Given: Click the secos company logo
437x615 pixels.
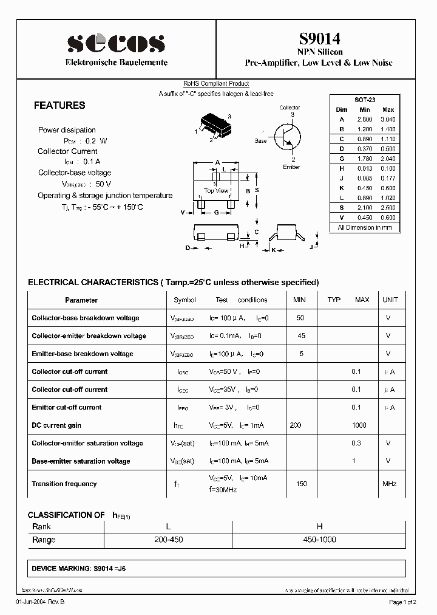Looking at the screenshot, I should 116,43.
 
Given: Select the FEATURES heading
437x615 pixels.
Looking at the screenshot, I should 59,105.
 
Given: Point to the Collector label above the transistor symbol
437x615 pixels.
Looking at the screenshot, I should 290,108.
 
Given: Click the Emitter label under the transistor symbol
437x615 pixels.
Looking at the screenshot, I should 291,167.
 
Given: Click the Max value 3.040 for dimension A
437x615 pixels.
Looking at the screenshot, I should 387,120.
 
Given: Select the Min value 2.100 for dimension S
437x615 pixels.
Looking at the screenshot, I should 364,207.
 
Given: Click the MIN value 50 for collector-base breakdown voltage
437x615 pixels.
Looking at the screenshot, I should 299,318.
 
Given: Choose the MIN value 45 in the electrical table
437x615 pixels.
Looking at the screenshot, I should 301,335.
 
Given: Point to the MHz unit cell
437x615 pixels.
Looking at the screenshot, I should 389,484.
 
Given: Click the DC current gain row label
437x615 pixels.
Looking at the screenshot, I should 56,425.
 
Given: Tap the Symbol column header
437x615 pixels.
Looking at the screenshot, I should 185,300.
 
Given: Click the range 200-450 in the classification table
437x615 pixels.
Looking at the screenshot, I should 168,540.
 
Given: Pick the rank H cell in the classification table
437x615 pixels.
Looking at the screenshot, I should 320,526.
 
